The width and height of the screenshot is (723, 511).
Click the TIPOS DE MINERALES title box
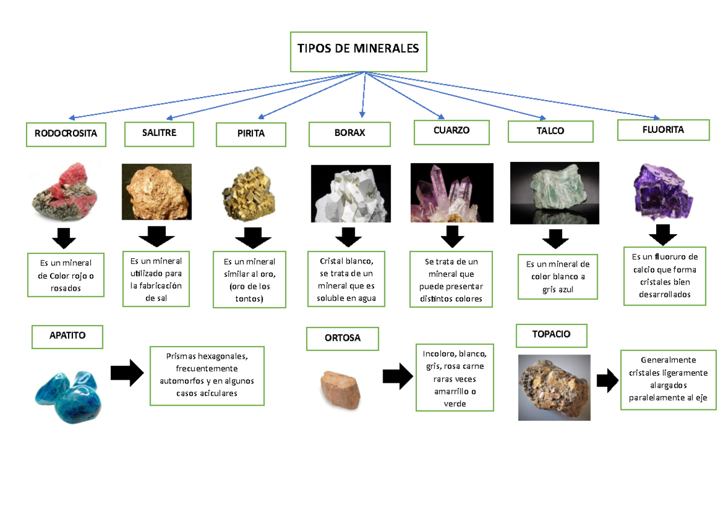(x=358, y=51)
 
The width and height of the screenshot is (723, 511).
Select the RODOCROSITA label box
(x=66, y=134)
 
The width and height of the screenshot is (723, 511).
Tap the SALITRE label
(x=159, y=133)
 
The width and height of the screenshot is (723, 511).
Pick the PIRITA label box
(x=251, y=134)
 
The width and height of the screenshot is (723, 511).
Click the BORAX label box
(x=350, y=134)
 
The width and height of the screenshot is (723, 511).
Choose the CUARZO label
(x=451, y=131)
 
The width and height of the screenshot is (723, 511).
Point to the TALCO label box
(x=550, y=131)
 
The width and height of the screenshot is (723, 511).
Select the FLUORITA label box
(x=663, y=130)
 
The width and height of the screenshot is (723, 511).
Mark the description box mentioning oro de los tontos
(x=249, y=280)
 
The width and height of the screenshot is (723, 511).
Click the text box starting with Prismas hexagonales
(x=207, y=375)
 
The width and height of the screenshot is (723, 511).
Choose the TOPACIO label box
(x=551, y=335)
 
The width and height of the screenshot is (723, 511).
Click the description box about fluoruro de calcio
(x=665, y=276)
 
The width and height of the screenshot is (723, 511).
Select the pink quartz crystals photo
(x=450, y=193)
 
